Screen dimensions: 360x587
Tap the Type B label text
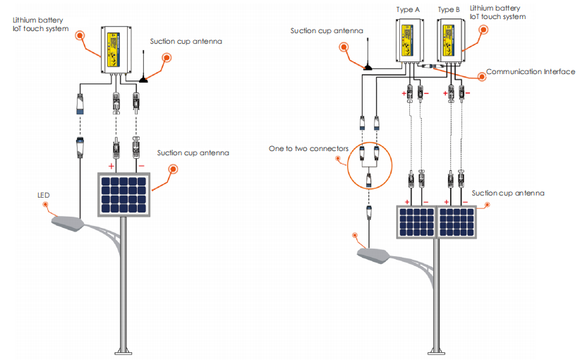click(449, 10)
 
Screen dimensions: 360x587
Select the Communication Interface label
click(531, 72)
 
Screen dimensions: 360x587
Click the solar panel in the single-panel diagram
click(125, 195)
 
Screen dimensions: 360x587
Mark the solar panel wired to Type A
click(417, 222)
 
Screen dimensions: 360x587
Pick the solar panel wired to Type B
click(457, 222)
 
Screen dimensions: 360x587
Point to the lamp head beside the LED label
click(68, 224)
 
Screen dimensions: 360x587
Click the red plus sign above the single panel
click(111, 167)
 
